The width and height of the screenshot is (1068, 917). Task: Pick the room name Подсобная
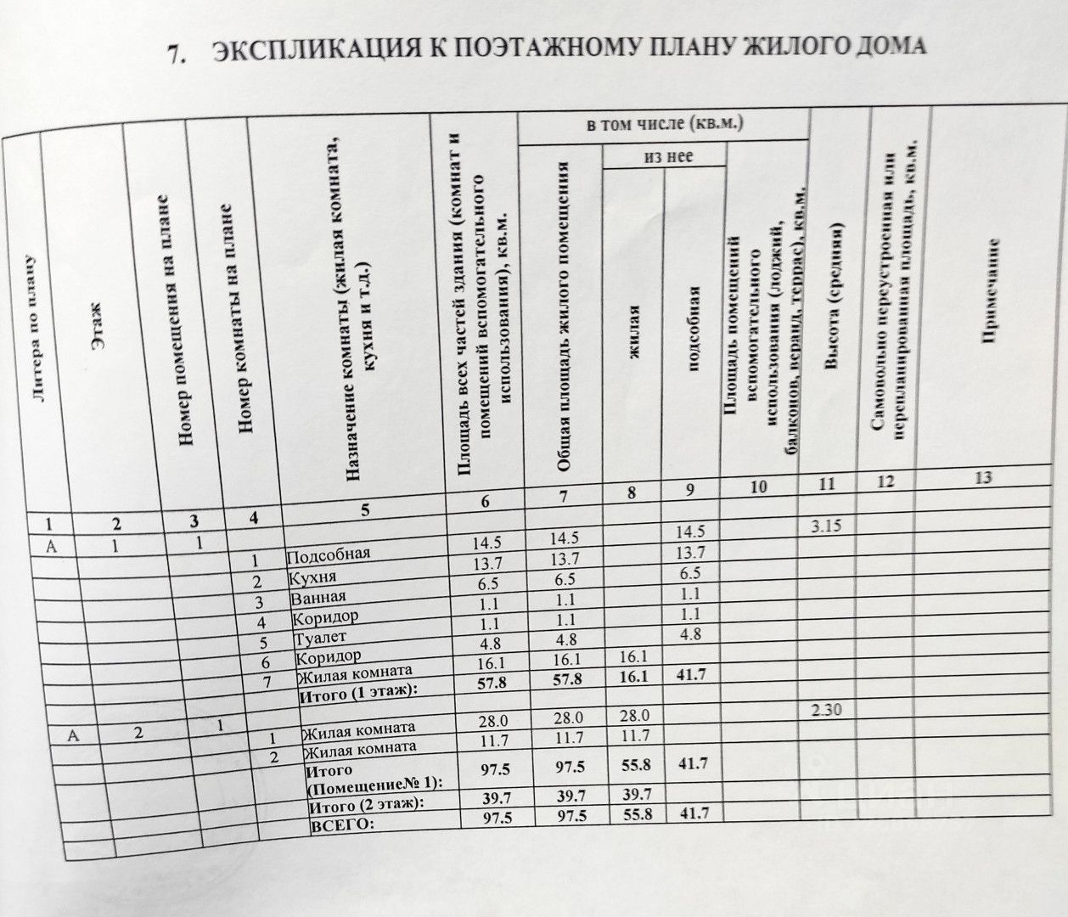click(x=329, y=556)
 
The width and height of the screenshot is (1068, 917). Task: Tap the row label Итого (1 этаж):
click(x=360, y=695)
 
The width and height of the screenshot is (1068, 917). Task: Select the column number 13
click(x=984, y=478)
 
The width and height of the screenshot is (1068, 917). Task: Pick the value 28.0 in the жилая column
click(x=636, y=717)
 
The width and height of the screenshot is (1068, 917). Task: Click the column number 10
click(x=759, y=486)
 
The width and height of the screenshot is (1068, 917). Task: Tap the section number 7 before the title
click(x=176, y=55)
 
